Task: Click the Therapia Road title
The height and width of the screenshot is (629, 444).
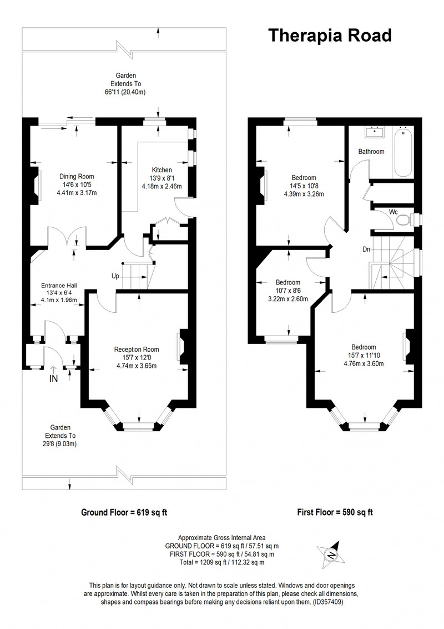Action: pos(330,36)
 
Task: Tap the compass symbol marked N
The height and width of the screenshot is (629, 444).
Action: pos(331,554)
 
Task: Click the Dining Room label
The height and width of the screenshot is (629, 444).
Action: pos(77,177)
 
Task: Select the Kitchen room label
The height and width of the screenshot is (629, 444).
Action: pos(162,170)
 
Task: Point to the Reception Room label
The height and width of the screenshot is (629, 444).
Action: pos(137,350)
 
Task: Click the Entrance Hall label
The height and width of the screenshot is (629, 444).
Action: pos(59,286)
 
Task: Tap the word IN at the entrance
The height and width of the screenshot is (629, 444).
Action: pos(53,378)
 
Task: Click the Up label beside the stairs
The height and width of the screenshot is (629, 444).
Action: pos(115,276)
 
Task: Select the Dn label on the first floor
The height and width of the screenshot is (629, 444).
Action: pos(366,249)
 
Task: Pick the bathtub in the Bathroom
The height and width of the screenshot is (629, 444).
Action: pos(403,152)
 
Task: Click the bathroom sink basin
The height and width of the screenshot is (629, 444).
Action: pos(374,132)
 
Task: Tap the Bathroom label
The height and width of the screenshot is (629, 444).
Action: pos(371,152)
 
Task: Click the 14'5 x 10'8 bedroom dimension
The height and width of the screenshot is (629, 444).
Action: pos(304,186)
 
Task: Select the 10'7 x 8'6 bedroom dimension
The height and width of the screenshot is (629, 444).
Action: pos(287,291)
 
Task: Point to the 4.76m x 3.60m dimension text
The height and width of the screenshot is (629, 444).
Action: pos(364,364)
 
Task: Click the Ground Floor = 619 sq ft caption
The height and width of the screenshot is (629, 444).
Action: pos(124,512)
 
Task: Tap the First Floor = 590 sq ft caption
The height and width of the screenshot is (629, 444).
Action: pos(335,512)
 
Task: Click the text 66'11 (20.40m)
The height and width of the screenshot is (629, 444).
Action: pos(126,92)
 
